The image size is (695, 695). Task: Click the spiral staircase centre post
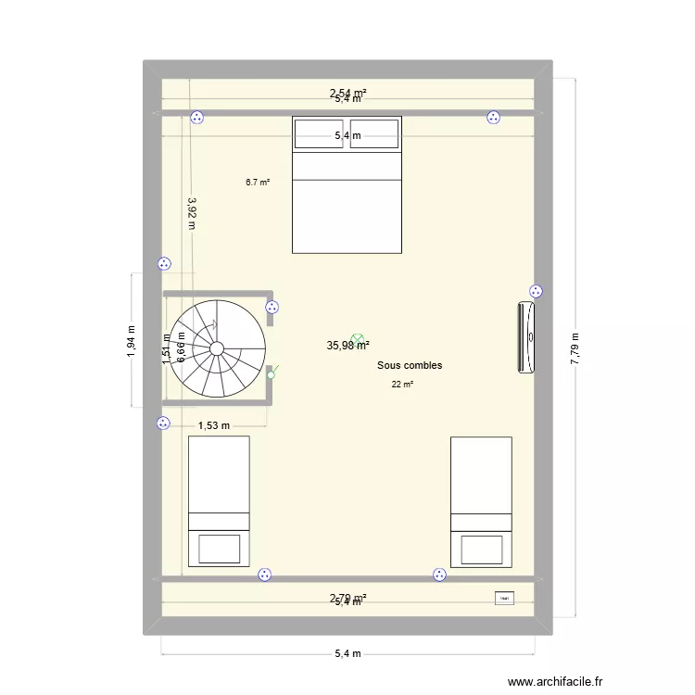(x=217, y=347)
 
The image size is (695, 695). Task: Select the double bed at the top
(x=347, y=199)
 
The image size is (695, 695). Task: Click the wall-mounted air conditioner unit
(x=527, y=337)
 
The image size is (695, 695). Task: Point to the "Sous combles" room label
(x=410, y=365)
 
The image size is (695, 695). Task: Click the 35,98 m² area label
(x=347, y=346)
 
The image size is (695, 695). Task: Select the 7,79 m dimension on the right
(x=575, y=348)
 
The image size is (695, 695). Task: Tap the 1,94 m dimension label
(x=132, y=340)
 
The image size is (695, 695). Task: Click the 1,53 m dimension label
(x=214, y=425)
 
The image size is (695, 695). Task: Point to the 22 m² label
(x=402, y=385)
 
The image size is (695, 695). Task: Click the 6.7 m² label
(x=258, y=183)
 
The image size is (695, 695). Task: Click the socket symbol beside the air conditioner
(x=535, y=290)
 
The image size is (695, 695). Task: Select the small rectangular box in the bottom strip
(x=504, y=600)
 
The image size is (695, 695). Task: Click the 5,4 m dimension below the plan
(x=347, y=653)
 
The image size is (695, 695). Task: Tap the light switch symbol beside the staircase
(x=271, y=373)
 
